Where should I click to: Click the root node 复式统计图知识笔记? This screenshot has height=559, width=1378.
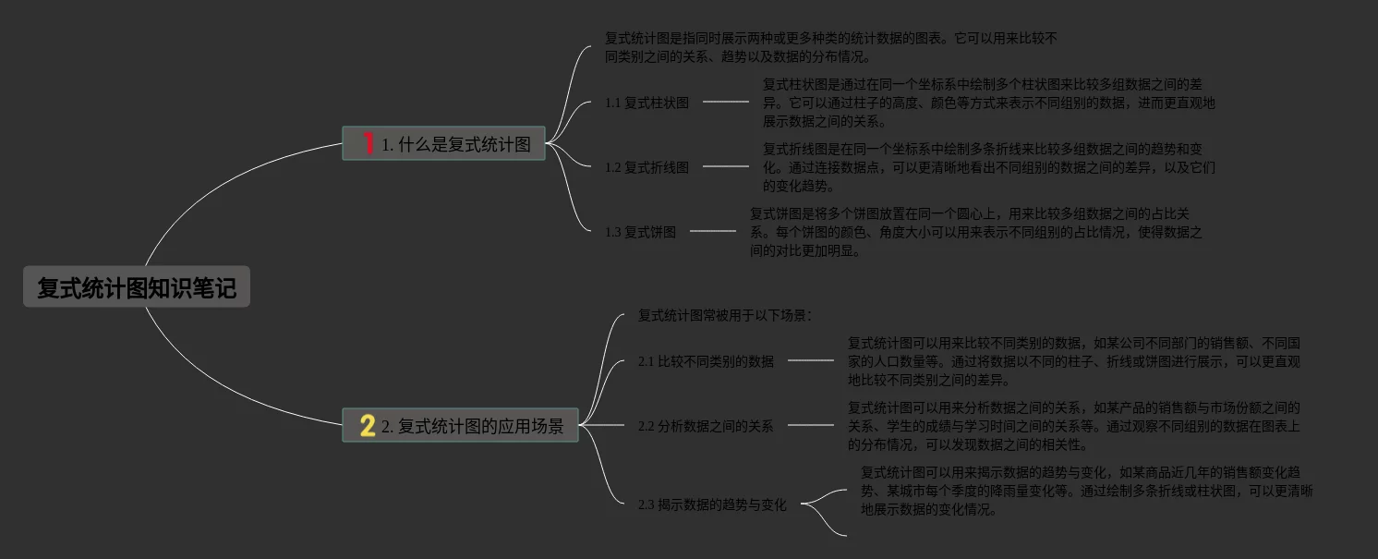(x=137, y=288)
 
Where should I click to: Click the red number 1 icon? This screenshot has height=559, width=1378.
(x=369, y=143)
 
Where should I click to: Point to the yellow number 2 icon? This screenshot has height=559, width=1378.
(x=368, y=426)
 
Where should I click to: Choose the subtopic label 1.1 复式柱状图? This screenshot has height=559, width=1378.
(x=647, y=103)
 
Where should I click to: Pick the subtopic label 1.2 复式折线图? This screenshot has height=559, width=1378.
(x=647, y=167)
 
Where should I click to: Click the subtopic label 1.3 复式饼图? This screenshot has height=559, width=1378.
(x=640, y=232)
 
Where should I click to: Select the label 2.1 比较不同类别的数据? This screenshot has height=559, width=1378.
(x=706, y=361)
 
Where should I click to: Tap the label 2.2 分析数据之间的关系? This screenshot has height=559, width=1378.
(x=706, y=426)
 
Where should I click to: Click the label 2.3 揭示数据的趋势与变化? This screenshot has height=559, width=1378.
(x=712, y=504)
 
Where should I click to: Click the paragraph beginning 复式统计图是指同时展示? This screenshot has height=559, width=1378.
(x=830, y=47)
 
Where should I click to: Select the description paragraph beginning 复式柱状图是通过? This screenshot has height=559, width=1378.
(x=988, y=103)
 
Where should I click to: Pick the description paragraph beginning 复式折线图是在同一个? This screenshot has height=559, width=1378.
(x=988, y=167)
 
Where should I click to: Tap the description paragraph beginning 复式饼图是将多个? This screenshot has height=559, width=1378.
(x=975, y=232)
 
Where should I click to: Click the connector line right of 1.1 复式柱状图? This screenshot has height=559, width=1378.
(x=726, y=102)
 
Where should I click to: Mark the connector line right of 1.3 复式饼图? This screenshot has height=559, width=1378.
(x=712, y=231)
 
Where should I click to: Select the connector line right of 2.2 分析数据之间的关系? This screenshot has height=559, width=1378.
(x=810, y=425)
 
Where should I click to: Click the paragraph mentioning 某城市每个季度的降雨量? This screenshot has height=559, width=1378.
(x=1086, y=491)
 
